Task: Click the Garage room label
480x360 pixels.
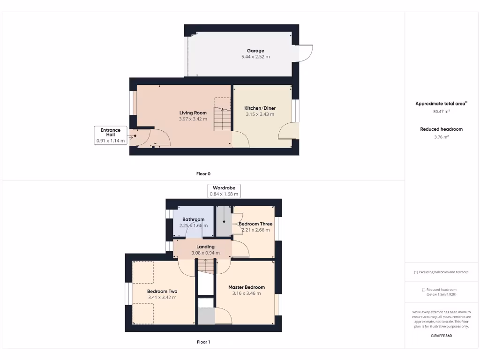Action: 255,51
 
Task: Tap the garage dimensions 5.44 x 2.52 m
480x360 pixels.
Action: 255,57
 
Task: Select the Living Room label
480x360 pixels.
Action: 193,112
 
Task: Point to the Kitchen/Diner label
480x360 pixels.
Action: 260,108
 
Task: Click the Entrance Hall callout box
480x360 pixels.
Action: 110,135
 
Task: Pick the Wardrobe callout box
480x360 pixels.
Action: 224,191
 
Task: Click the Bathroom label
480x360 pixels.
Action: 193,219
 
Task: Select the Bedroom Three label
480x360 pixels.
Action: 255,224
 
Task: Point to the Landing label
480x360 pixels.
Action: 205,247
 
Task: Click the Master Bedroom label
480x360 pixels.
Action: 247,287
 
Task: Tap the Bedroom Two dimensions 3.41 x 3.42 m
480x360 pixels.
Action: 162,297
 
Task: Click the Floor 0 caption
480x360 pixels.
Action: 203,173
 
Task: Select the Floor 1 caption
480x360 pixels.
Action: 203,342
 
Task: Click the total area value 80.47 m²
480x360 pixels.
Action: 441,112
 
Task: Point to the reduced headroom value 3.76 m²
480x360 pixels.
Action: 441,137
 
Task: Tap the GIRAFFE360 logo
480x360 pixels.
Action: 441,336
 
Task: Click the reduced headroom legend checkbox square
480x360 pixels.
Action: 423,290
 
